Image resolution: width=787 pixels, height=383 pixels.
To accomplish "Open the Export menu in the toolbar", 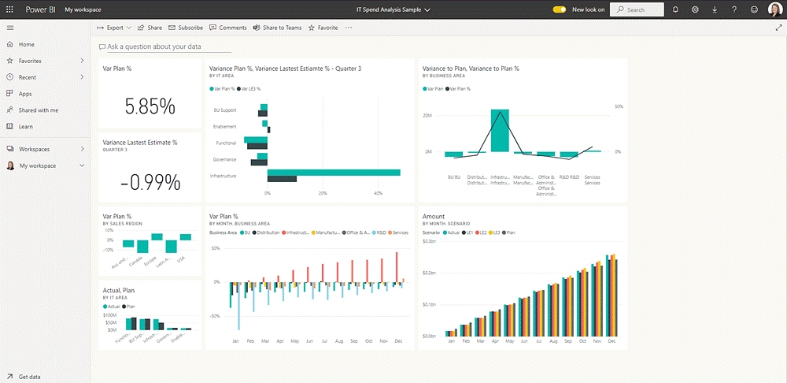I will pyautogui.click(x=113, y=28).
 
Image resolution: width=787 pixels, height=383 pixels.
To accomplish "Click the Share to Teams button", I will pyautogui.click(x=278, y=28).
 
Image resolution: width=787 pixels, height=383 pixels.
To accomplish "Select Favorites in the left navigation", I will pyautogui.click(x=30, y=61).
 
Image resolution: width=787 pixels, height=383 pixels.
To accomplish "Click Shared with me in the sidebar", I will pyautogui.click(x=38, y=110).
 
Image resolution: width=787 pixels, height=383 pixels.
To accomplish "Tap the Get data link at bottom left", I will pyautogui.click(x=29, y=377).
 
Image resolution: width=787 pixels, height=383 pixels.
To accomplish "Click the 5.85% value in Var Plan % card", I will pyautogui.click(x=150, y=107).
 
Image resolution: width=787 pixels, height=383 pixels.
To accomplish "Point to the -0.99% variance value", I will pyautogui.click(x=150, y=183).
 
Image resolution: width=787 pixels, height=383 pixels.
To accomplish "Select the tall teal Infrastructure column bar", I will pyautogui.click(x=500, y=130).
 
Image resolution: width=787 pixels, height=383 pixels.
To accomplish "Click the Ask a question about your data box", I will pyautogui.click(x=153, y=47).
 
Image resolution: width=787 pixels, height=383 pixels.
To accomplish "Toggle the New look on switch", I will pyautogui.click(x=560, y=9).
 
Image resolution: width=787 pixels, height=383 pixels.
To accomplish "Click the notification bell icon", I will pyautogui.click(x=675, y=9).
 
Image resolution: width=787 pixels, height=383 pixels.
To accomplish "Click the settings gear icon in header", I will pyautogui.click(x=695, y=9).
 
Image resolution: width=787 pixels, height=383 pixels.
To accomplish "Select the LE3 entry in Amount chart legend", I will pyautogui.click(x=497, y=232).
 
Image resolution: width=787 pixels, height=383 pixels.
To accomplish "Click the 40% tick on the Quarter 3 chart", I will pyautogui.click(x=378, y=193).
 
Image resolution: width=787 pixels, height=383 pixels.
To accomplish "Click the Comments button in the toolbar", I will pyautogui.click(x=228, y=28).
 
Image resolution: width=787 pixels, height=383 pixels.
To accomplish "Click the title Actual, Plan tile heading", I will pyautogui.click(x=118, y=290).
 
